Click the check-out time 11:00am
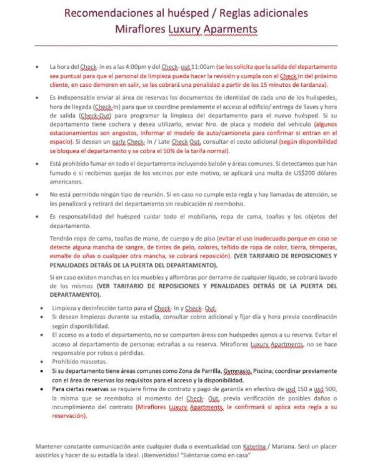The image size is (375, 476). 200,66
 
